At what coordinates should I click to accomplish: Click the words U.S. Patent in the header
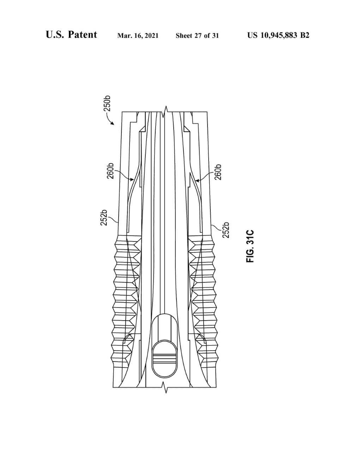click(x=71, y=35)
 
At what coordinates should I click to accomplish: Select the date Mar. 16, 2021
click(x=138, y=35)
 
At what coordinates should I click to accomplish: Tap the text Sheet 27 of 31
click(x=197, y=35)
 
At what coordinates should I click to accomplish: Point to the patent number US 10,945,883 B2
click(x=278, y=35)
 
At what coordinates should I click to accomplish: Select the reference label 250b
click(x=107, y=103)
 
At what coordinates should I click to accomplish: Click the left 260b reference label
click(x=110, y=171)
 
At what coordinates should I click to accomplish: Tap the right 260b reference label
click(x=218, y=172)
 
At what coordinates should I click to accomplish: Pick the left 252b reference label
click(x=104, y=217)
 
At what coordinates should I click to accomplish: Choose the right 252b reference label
click(x=226, y=230)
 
